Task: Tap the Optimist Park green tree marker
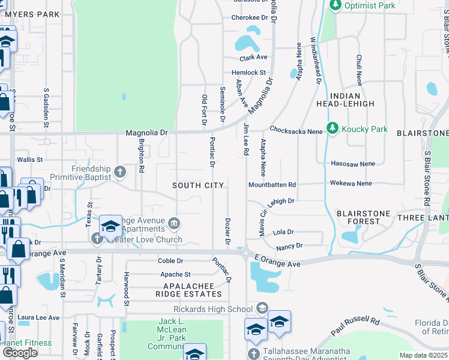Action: [334, 5]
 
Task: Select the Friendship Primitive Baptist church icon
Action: [120, 173]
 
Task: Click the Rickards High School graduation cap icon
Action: [262, 309]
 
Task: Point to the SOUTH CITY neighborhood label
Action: [198, 185]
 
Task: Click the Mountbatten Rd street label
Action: [273, 185]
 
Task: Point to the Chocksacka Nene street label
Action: [297, 129]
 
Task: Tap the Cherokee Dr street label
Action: [249, 18]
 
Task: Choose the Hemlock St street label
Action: [249, 73]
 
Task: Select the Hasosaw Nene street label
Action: [352, 163]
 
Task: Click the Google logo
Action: [20, 353]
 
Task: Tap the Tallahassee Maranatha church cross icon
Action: [255, 354]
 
